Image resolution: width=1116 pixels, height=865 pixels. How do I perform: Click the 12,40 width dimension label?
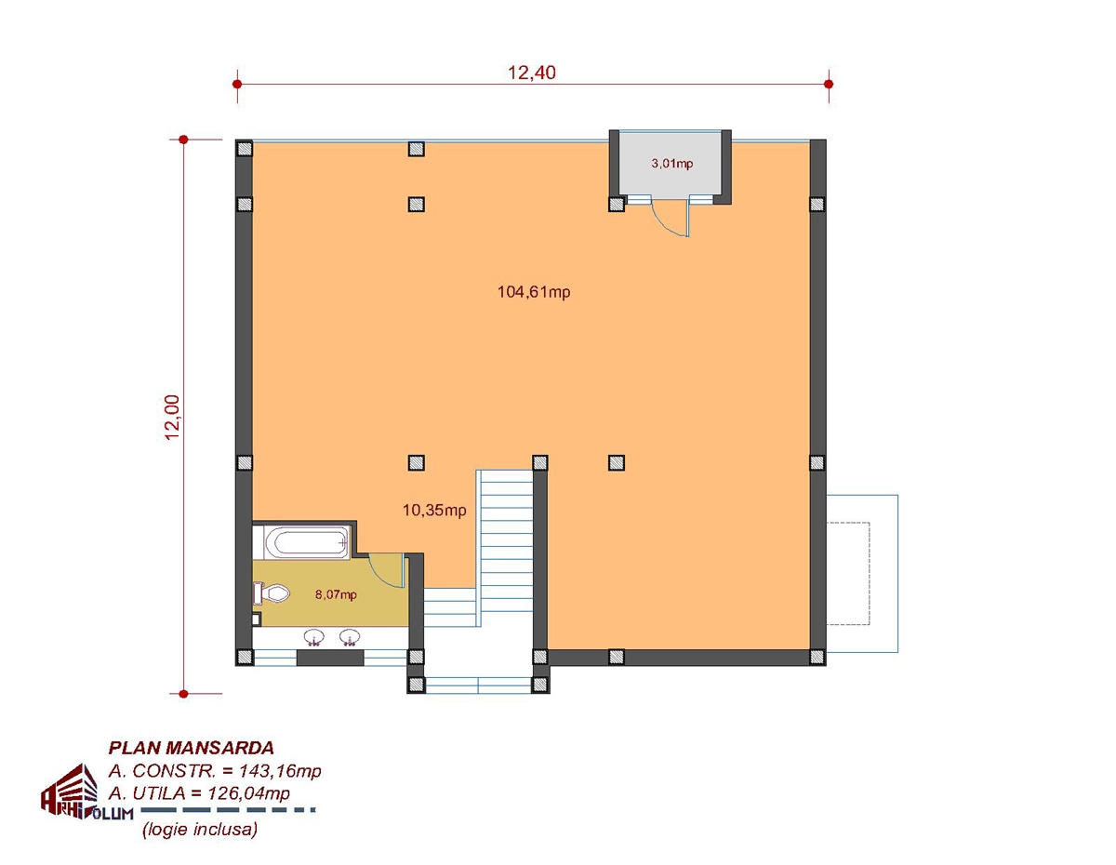click(x=532, y=73)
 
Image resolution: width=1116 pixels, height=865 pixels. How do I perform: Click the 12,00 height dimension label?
click(x=173, y=417)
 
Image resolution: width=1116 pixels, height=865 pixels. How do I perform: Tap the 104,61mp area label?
click(x=534, y=292)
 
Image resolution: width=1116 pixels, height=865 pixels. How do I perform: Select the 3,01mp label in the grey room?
click(x=671, y=164)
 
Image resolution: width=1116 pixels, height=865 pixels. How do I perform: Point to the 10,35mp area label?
click(x=434, y=510)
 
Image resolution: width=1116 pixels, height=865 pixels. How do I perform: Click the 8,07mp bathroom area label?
click(x=336, y=594)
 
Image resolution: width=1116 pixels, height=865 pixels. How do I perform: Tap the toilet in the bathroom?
click(x=272, y=593)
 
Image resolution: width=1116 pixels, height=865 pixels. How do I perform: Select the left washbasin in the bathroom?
click(x=313, y=637)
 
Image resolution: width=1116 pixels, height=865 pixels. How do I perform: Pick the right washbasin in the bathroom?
click(x=350, y=637)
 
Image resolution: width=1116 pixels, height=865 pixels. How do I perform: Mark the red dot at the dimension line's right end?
click(x=829, y=84)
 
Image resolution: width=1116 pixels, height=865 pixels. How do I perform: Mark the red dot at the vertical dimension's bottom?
click(x=183, y=694)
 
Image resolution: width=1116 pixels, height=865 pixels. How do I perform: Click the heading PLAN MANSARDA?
click(x=191, y=748)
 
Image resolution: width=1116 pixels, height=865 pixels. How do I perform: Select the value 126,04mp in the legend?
click(x=248, y=793)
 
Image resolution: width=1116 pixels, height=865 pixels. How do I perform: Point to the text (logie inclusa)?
click(x=200, y=829)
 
